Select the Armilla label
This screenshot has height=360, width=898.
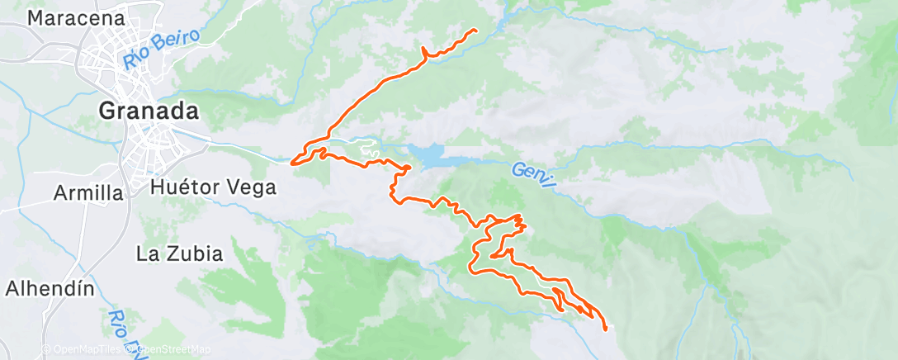click(x=88, y=193)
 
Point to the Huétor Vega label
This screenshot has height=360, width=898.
click(x=213, y=187)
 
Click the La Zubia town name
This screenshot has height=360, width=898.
click(x=181, y=254)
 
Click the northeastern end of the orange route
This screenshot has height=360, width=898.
click(x=475, y=30)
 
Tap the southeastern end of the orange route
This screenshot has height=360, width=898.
click(x=607, y=329)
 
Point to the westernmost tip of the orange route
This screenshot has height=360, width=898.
click(x=292, y=162)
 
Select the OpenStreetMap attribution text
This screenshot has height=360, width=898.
click(x=171, y=349)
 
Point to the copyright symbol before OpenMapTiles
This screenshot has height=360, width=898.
click(x=47, y=349)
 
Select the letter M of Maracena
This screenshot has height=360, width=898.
click(x=36, y=17)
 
